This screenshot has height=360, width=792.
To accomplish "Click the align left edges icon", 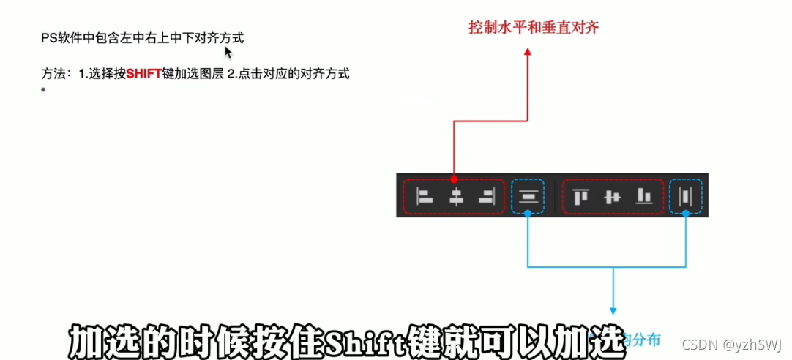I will point(425,196).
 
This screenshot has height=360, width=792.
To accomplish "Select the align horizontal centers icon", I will point(456,196).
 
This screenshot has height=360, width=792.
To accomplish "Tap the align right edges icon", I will point(485,196).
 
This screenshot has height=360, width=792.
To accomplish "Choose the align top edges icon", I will point(580,196).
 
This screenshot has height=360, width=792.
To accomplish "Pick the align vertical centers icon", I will point(612,196).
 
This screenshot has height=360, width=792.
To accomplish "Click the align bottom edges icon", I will point(643,196).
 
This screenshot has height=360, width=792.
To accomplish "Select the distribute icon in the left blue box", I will point(528,196).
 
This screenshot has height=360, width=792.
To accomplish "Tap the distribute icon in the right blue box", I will point(686,196).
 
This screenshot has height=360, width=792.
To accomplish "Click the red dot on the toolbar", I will point(455,179).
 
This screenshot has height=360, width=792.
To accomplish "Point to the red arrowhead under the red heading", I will point(528,53).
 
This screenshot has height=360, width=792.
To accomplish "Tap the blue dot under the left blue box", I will point(528,214).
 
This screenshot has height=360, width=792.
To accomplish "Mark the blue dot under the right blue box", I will point(686,214).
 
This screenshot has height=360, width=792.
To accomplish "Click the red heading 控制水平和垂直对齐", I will point(534,28).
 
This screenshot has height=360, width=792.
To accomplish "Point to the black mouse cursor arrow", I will point(228,52).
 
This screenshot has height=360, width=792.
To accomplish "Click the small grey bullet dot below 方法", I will point(44,90).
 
